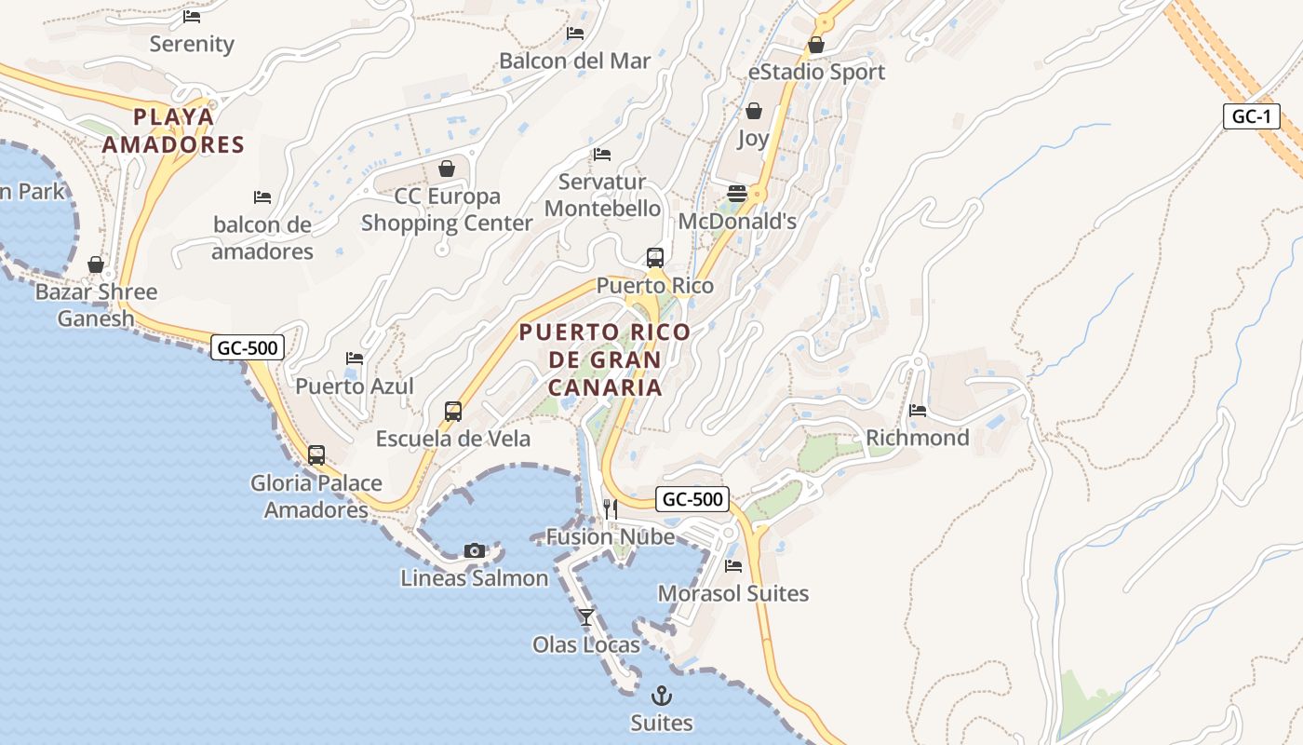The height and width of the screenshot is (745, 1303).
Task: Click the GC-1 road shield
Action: (x=1251, y=116)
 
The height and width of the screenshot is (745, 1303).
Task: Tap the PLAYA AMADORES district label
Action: (x=173, y=131)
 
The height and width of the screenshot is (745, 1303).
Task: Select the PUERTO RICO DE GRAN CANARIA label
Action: (x=605, y=359)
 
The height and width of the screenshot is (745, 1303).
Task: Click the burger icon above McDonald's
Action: (x=737, y=193)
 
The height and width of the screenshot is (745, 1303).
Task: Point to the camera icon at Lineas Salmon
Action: (x=475, y=550)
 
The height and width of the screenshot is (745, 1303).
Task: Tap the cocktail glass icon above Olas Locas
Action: (x=586, y=616)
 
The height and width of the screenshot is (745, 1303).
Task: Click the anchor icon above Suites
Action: (x=662, y=696)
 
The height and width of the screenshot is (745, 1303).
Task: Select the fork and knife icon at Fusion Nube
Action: (x=611, y=508)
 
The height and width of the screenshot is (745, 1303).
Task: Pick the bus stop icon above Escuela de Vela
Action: (x=453, y=412)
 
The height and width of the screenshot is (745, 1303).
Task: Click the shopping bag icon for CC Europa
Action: (x=447, y=169)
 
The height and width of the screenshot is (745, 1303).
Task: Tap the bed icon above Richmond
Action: (x=918, y=411)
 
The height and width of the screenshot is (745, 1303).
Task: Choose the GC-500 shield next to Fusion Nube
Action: (x=692, y=499)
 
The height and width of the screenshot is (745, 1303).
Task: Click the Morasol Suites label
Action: (x=733, y=593)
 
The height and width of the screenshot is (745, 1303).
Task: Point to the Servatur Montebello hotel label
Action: (x=602, y=195)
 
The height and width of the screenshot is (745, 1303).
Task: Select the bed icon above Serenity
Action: (x=192, y=17)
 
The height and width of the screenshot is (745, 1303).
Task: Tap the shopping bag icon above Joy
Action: (x=753, y=111)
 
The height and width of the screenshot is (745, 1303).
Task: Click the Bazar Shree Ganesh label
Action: (x=96, y=305)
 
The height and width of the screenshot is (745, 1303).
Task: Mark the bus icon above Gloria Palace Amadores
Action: (x=316, y=455)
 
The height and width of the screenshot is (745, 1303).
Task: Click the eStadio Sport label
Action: (x=816, y=72)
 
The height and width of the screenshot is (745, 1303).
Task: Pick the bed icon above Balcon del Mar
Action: (x=575, y=34)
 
